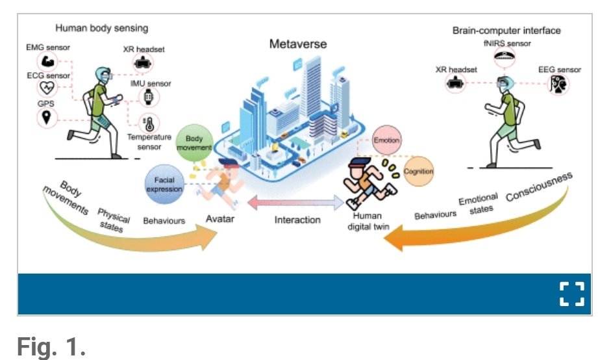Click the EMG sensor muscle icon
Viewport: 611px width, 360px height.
pyautogui.click(x=47, y=62)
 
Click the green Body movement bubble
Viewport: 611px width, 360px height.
pyautogui.click(x=194, y=144)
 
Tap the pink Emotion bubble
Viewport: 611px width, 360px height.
pyautogui.click(x=387, y=140)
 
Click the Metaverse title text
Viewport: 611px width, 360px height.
pyautogui.click(x=299, y=45)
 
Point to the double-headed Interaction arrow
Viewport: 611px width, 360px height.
pyautogui.click(x=297, y=203)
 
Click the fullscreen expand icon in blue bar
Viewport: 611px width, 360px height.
pyautogui.click(x=571, y=294)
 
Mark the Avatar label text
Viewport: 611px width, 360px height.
pyautogui.click(x=219, y=219)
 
